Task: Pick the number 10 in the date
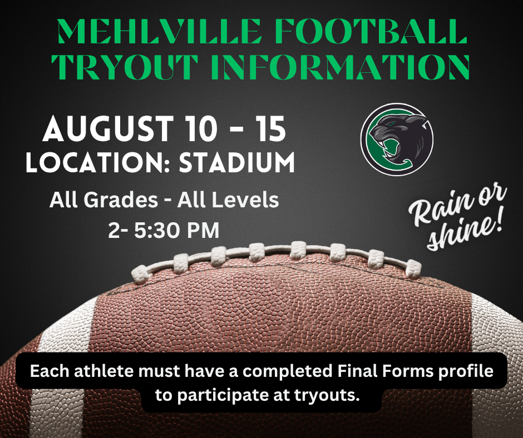pyautogui.click(x=200, y=128)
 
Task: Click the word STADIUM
pyautogui.click(x=237, y=162)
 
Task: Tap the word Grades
pyautogui.click(x=120, y=200)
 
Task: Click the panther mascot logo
pyautogui.click(x=397, y=140)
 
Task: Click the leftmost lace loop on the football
pyautogui.click(x=140, y=275)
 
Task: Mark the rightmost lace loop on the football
pyautogui.click(x=413, y=270)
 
